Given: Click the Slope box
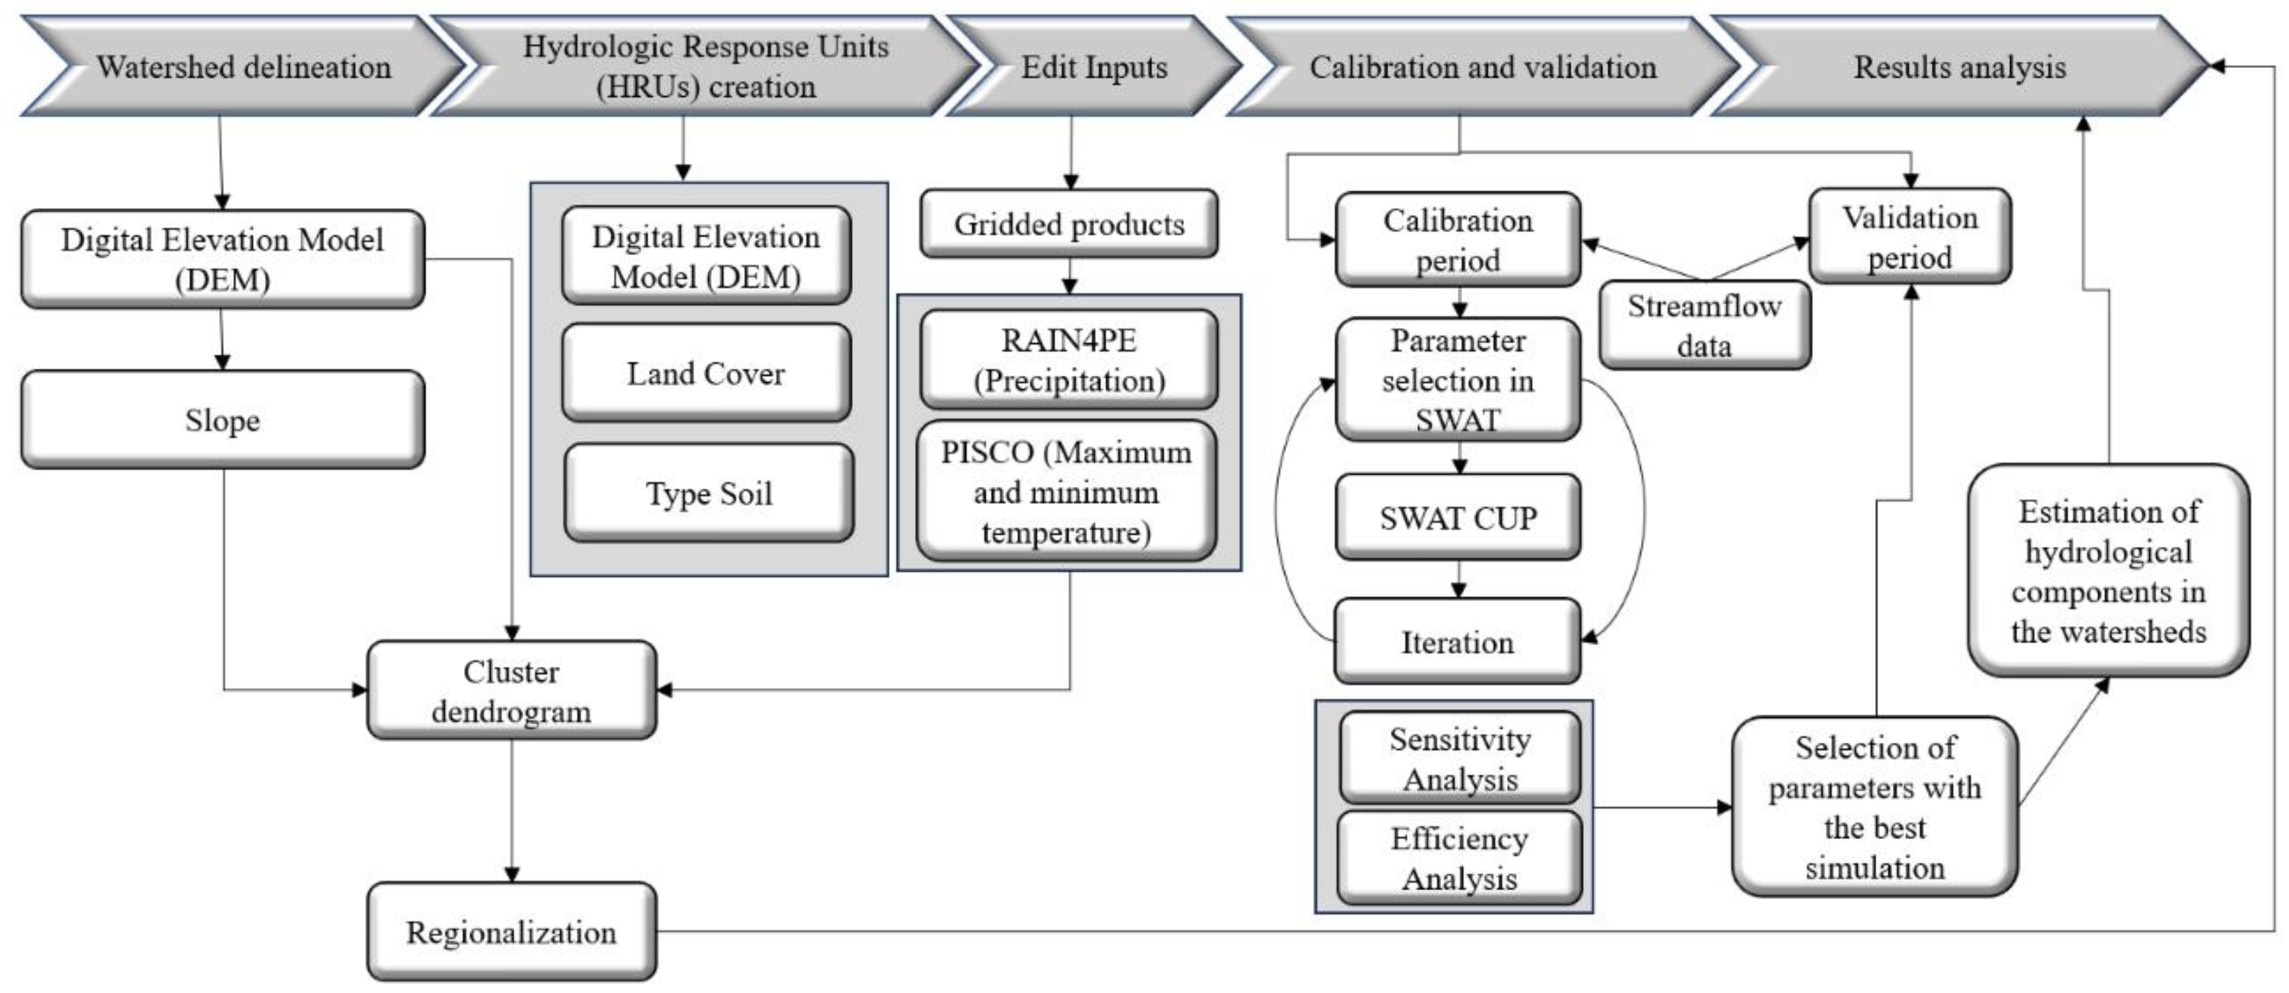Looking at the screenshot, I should click(222, 420).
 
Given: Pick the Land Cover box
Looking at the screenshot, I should click(706, 374).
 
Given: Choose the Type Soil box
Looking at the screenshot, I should click(708, 493).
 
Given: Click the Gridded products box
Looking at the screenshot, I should click(1069, 224).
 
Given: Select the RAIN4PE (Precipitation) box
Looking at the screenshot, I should click(1069, 360).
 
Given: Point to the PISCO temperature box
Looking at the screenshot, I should click(1066, 491).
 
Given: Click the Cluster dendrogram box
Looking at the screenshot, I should click(511, 690).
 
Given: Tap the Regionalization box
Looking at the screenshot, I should click(511, 932).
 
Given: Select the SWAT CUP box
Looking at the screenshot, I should click(1457, 517).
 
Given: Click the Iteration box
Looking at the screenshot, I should click(1457, 642).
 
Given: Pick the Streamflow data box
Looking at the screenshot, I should click(1704, 325).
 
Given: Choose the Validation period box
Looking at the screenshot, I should click(1910, 237).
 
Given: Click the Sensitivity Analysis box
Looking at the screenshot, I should click(1459, 758).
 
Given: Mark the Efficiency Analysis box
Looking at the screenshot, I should click(1459, 858).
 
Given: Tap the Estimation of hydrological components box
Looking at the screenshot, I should click(2108, 571).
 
